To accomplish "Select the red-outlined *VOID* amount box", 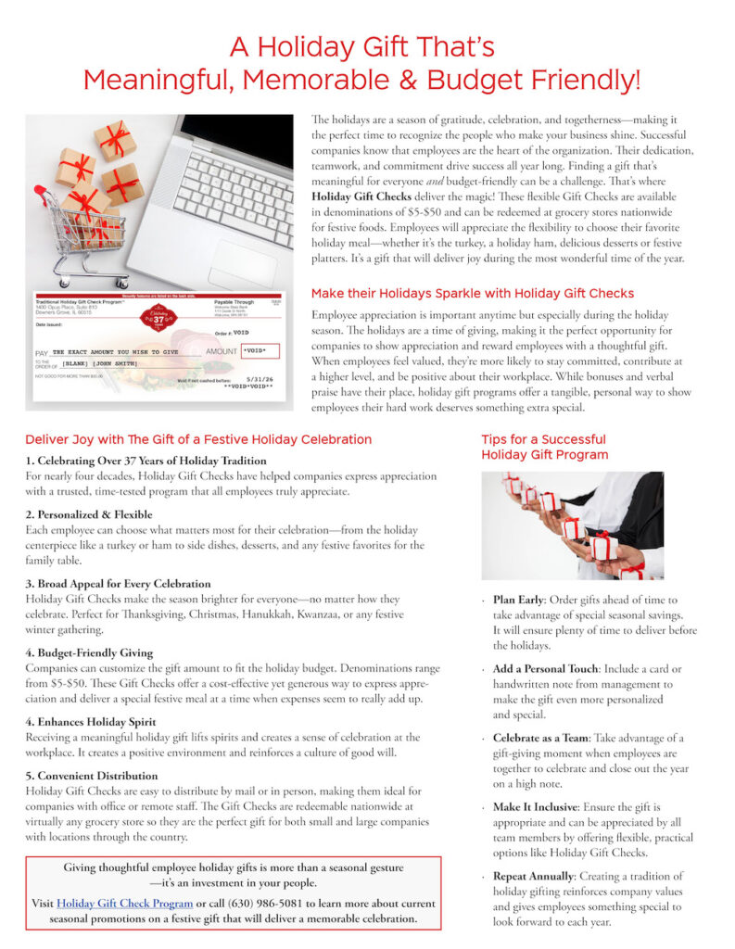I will [260, 351].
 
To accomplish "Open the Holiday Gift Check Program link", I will [124, 904].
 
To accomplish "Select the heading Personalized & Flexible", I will [89, 514].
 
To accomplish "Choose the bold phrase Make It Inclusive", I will [543, 807].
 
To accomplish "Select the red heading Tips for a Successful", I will [543, 439].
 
